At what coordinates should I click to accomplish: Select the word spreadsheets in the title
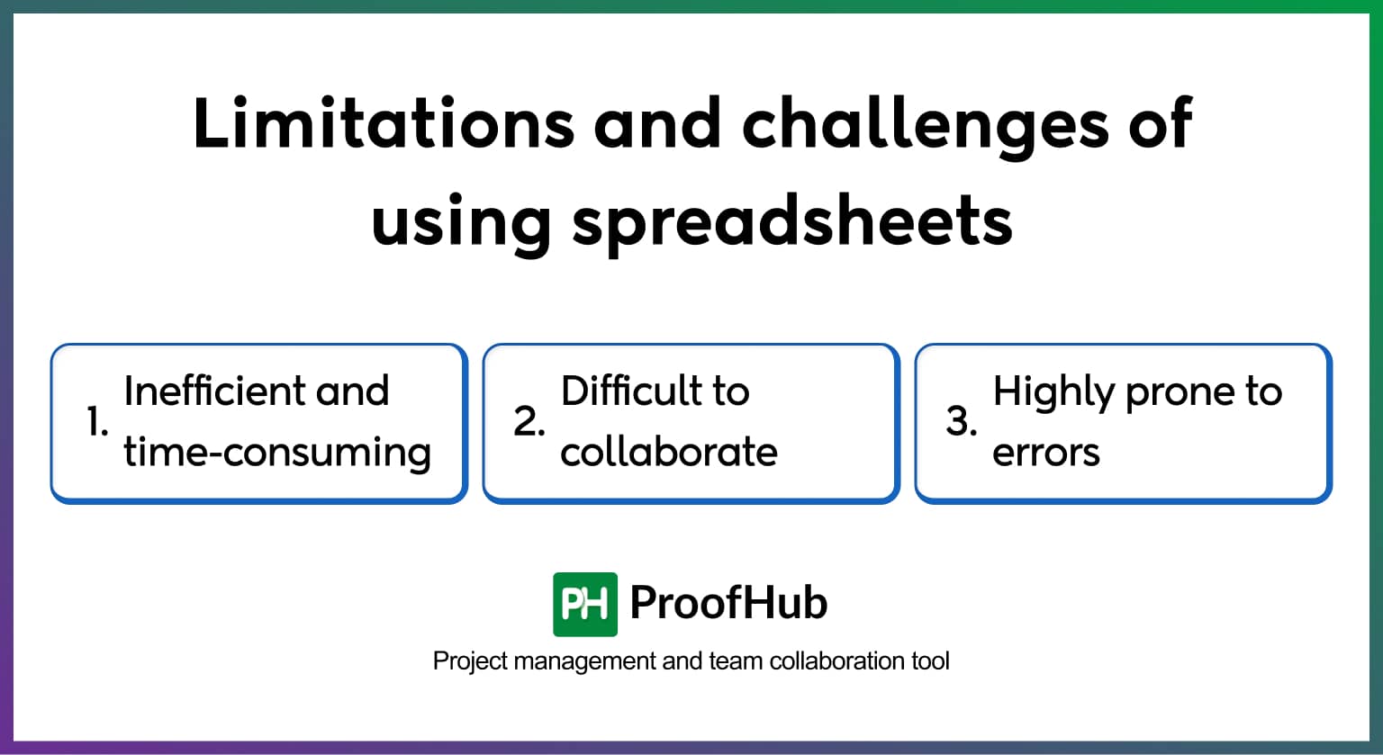click(792, 221)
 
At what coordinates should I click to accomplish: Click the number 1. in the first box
click(97, 421)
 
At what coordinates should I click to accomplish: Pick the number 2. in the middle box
click(529, 421)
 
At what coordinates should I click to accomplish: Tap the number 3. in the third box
click(962, 421)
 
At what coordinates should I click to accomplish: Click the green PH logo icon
click(585, 604)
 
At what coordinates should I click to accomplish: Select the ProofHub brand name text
click(728, 603)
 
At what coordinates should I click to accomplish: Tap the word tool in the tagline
click(930, 661)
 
